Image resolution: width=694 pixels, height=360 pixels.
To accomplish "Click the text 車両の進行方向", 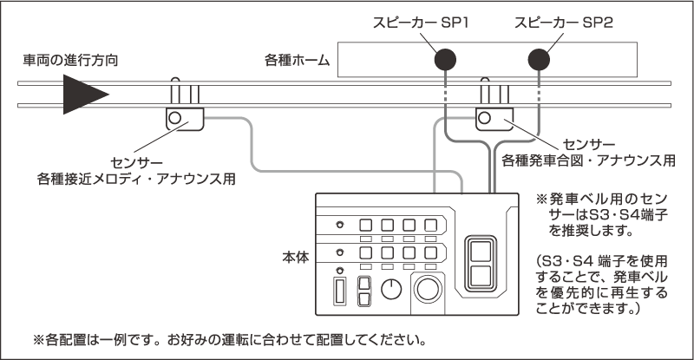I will pyautogui.click(x=71, y=62).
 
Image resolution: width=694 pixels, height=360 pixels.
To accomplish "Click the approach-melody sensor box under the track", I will pyautogui.click(x=184, y=118).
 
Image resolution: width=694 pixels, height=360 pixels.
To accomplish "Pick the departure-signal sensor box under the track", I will pyautogui.click(x=494, y=118).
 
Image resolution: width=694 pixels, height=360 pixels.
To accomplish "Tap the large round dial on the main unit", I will pyautogui.click(x=427, y=289).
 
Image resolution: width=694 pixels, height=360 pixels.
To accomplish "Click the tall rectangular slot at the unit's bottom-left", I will pyautogui.click(x=339, y=289).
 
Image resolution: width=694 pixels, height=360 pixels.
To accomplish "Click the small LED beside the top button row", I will pyautogui.click(x=339, y=225).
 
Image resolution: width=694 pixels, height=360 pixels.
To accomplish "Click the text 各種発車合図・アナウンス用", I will pyautogui.click(x=589, y=160).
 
